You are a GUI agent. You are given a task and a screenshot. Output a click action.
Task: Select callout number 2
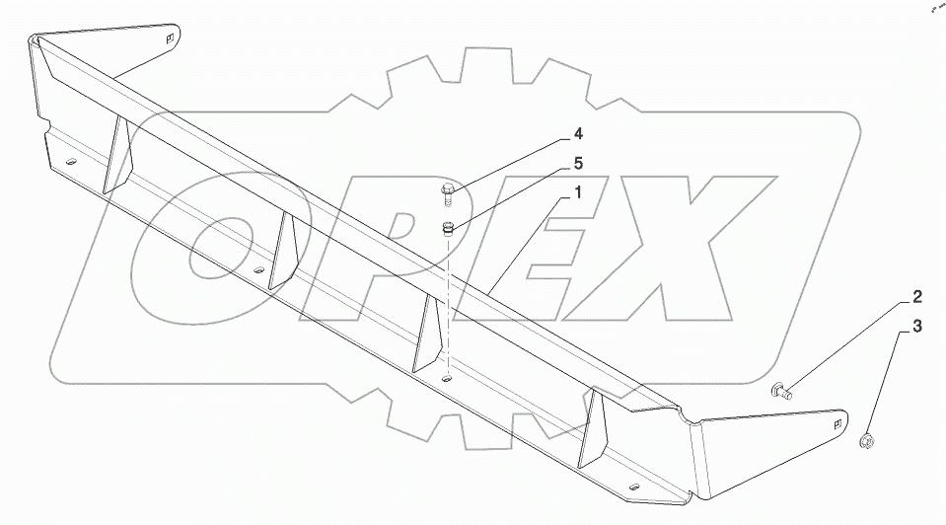pos(916,296)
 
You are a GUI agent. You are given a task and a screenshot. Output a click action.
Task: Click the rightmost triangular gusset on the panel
pos(595,428)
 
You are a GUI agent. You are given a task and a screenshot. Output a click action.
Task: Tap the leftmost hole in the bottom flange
pos(70,163)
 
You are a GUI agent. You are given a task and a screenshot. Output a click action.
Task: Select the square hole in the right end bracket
pos(837,424)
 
